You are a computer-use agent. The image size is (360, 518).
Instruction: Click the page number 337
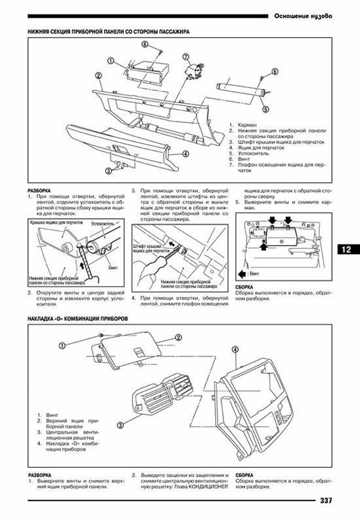326,501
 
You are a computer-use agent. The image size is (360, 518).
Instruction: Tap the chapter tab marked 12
346,250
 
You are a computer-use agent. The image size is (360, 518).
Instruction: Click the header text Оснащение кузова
303,16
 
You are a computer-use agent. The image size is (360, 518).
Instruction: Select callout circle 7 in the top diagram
186,57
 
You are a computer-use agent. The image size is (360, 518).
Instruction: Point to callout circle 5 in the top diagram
266,109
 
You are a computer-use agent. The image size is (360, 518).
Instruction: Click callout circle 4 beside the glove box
185,154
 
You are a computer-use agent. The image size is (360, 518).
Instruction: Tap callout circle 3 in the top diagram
108,171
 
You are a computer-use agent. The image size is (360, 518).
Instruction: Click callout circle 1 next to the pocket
110,61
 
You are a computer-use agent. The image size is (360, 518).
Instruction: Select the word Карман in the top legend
247,125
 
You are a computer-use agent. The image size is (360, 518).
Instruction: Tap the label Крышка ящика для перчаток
56,222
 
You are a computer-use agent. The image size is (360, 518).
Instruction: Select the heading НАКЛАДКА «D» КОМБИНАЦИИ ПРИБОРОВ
78,319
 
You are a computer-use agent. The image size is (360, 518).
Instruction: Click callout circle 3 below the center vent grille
120,425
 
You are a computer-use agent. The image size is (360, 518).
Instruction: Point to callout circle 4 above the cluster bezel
235,350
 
